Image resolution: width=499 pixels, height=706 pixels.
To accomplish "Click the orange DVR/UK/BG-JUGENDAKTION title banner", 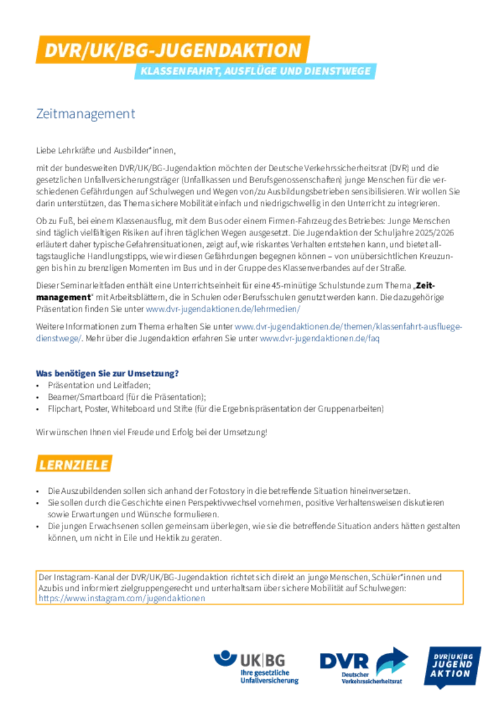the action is click(173, 49).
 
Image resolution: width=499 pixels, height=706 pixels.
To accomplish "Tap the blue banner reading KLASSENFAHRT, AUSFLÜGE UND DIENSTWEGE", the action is click(255, 71).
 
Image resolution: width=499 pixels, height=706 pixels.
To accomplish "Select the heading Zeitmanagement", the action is click(85, 114).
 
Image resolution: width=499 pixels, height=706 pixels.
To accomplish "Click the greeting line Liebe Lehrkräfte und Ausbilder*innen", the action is click(106, 150).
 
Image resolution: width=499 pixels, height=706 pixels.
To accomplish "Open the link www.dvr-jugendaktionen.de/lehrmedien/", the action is click(223, 309).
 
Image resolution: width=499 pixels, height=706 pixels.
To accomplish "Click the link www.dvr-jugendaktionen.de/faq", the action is click(320, 338).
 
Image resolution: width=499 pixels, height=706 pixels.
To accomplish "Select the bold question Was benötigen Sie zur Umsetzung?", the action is click(107, 373).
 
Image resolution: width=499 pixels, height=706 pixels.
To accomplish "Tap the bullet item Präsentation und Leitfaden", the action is click(99, 385).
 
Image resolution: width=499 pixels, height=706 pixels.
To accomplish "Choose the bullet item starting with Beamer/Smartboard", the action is click(127, 397).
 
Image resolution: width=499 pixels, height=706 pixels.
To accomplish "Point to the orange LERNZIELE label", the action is click(74, 464).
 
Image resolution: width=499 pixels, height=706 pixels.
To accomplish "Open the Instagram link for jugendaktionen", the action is click(122, 598).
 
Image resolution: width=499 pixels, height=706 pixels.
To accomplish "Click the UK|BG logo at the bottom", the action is click(256, 667).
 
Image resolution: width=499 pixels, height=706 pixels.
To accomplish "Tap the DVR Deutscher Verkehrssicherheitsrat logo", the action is click(364, 666).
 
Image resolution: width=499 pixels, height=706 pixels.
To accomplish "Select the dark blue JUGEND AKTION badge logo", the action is click(452, 667).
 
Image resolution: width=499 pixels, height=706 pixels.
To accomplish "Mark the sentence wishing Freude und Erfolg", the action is click(152, 432).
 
